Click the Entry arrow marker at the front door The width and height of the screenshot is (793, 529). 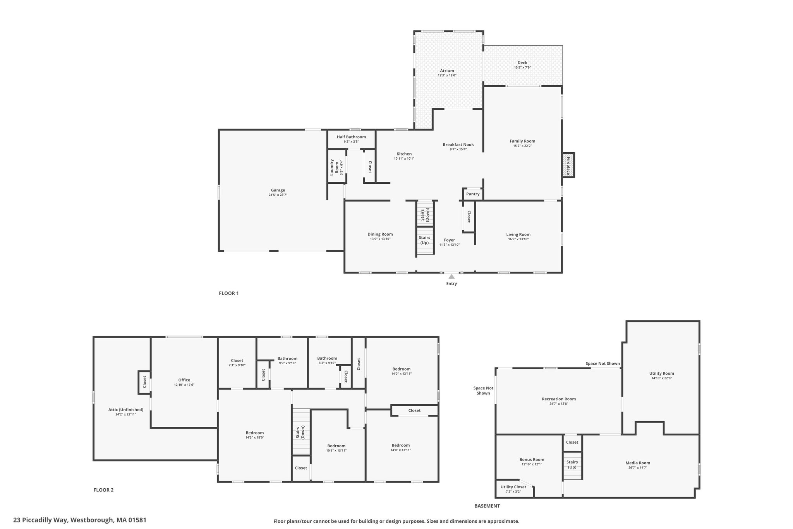click(x=451, y=276)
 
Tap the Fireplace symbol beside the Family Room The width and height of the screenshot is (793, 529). click(x=568, y=165)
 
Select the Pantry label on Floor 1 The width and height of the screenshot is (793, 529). click(x=473, y=194)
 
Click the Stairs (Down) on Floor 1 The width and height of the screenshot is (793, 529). click(x=425, y=213)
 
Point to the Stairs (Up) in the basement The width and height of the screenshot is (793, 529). click(x=572, y=466)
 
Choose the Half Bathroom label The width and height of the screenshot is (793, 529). click(x=351, y=137)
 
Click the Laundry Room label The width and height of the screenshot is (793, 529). click(x=334, y=167)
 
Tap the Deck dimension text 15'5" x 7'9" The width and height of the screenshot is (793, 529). click(x=522, y=67)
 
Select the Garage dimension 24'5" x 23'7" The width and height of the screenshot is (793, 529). click(x=278, y=195)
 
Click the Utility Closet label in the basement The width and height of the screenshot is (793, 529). click(x=513, y=487)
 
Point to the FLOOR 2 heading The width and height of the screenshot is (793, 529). click(x=103, y=490)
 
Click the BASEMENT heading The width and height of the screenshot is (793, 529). click(x=487, y=506)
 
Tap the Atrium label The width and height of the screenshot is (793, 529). click(x=447, y=71)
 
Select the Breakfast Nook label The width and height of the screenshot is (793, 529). click(x=458, y=145)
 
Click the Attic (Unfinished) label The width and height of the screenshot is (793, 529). click(x=126, y=410)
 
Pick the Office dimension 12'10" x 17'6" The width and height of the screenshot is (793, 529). click(x=184, y=385)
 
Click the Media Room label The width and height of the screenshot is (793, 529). click(x=638, y=463)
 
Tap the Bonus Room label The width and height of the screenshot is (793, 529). click(x=532, y=460)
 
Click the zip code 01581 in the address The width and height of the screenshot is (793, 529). click(x=138, y=520)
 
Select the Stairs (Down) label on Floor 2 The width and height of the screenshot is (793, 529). click(x=300, y=433)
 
